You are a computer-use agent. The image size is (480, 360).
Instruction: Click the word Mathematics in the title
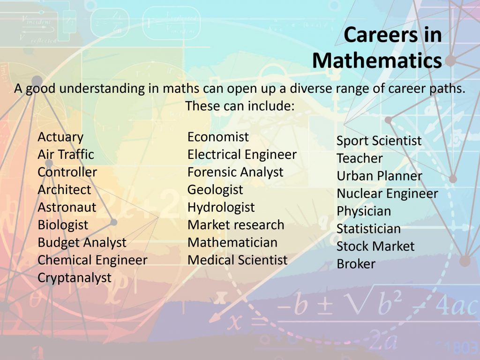(x=377, y=60)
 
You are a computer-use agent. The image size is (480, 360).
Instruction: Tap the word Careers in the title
(x=381, y=34)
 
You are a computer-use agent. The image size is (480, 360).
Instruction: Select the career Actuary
(x=60, y=137)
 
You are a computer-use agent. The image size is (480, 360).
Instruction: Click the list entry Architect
(x=64, y=189)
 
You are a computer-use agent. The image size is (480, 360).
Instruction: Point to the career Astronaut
(x=67, y=207)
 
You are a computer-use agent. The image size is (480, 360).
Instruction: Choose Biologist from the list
(x=63, y=225)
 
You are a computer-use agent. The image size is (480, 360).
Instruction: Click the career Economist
(x=218, y=137)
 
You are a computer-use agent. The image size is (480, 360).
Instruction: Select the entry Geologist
(x=215, y=190)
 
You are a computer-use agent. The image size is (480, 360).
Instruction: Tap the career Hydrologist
(x=221, y=208)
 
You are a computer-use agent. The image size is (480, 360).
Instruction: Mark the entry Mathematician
(x=232, y=242)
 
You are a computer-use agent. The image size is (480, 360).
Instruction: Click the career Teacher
(x=360, y=158)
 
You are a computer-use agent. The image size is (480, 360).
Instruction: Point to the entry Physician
(x=364, y=211)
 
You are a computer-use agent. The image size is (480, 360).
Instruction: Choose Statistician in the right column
(x=368, y=229)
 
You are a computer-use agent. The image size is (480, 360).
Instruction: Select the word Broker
(x=356, y=264)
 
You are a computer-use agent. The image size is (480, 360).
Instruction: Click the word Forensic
(x=208, y=172)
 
